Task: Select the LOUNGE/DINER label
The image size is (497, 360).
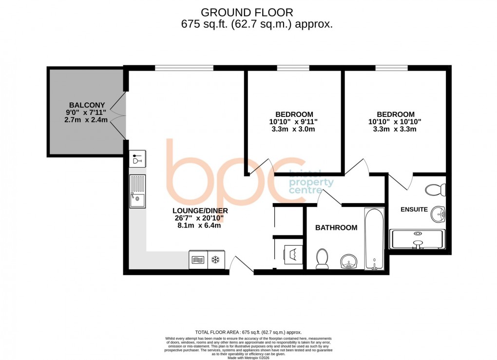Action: coord(200,211)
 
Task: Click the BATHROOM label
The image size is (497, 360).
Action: coord(336,227)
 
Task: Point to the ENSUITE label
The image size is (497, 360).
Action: coord(414,210)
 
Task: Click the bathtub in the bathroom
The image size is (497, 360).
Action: coord(374,239)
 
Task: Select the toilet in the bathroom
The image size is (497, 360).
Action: coord(322,258)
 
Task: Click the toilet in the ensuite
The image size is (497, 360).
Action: coord(433,189)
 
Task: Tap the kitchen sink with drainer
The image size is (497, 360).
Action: coord(137,191)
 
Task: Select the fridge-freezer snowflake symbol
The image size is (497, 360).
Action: coord(214,260)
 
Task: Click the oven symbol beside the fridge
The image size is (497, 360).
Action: coord(198,260)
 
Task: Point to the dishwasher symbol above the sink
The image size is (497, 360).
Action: coord(138,159)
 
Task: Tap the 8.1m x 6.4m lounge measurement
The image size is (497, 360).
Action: coord(200,226)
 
